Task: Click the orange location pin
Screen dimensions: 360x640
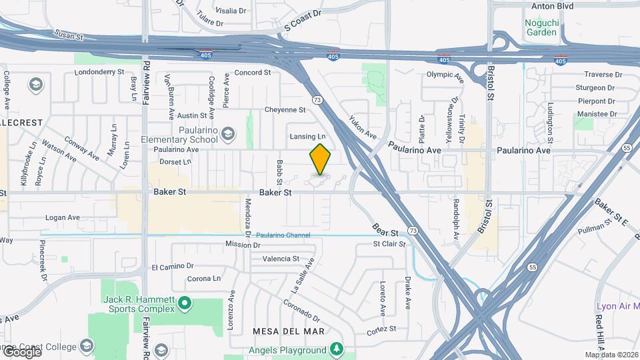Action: point(320,159)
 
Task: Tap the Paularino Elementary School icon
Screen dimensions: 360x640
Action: point(228,134)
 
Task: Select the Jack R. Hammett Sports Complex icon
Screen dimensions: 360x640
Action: point(185,305)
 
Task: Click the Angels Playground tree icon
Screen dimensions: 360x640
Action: point(337,349)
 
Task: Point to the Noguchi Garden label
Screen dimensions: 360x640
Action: point(541,26)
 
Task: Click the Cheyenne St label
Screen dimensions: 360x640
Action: point(285,110)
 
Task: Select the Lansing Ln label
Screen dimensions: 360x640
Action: point(307,137)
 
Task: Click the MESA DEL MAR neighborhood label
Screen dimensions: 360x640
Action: point(288,331)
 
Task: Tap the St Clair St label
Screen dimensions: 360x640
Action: point(389,244)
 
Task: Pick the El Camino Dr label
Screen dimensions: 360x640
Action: point(172,267)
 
